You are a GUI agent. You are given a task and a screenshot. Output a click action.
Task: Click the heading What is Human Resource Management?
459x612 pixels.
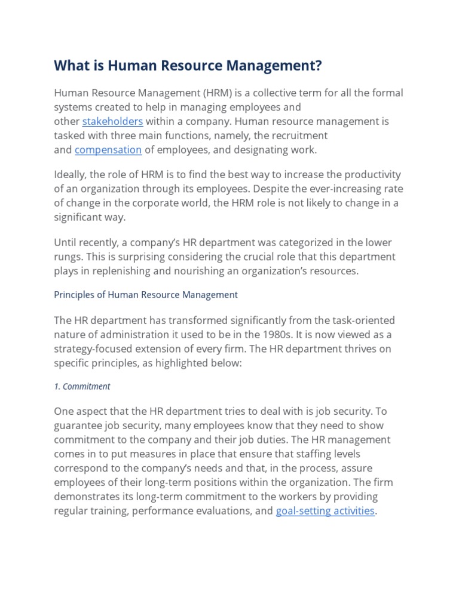point(188,66)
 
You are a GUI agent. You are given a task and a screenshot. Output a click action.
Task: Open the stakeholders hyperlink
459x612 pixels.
point(112,121)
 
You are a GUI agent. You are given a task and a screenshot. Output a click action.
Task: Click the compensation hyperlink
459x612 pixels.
point(108,150)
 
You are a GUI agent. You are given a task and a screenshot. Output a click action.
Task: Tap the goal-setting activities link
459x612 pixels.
point(325,511)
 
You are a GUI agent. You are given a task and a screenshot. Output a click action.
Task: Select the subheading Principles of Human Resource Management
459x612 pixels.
point(146,295)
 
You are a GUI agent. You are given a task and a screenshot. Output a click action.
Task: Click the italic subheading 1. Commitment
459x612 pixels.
point(82,386)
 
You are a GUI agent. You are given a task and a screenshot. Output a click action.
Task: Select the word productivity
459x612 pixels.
point(370,175)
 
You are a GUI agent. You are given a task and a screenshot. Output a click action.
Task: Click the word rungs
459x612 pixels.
point(68,256)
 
